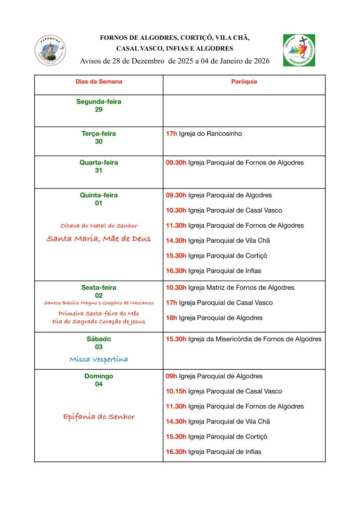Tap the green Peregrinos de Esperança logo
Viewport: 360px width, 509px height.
[299, 50]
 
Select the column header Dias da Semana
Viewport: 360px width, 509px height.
[98, 82]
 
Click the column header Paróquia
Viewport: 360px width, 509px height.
[244, 82]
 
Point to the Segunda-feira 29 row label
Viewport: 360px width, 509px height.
[98, 105]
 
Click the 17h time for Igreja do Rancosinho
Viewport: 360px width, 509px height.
[171, 134]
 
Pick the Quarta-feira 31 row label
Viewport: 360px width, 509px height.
[98, 167]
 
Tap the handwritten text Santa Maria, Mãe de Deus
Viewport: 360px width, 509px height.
[98, 239]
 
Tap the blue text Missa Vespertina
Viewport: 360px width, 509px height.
[98, 359]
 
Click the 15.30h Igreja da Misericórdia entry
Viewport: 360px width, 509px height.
[244, 339]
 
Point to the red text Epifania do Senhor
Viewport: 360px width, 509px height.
[98, 417]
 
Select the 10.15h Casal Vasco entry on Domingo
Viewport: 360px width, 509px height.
[224, 391]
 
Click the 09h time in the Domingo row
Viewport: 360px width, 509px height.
[171, 376]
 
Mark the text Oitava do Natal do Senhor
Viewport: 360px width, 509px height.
[98, 225]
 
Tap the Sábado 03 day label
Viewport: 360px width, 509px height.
[98, 343]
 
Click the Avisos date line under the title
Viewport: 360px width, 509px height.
[175, 61]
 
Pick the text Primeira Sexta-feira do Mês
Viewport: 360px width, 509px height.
[98, 313]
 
